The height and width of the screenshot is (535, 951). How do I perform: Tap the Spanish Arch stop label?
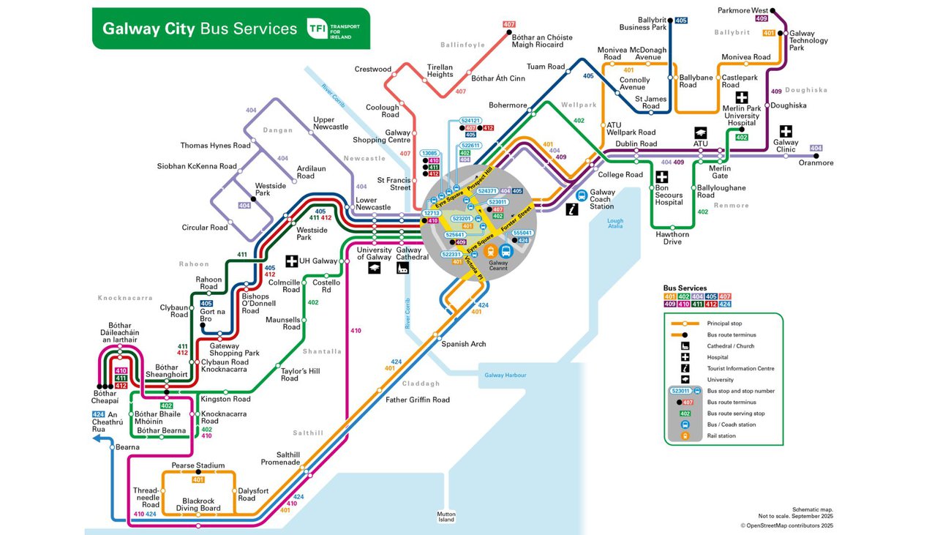(x=463, y=344)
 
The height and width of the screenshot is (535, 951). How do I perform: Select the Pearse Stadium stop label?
(x=198, y=465)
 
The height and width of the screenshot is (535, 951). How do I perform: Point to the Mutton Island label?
(x=446, y=517)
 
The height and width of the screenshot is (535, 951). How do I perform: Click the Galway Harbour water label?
(x=505, y=375)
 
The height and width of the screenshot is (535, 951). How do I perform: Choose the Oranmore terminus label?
(x=816, y=163)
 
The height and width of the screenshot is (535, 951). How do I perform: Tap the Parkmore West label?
(x=743, y=11)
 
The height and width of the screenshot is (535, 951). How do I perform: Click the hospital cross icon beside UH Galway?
(x=291, y=261)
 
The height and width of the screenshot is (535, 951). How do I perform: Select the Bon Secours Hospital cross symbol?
(x=662, y=177)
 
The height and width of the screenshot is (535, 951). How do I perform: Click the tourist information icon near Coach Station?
(x=573, y=209)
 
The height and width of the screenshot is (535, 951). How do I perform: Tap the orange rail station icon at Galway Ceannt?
(x=492, y=250)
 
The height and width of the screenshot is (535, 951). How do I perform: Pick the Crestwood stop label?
(x=373, y=70)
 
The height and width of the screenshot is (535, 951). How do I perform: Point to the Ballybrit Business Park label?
(x=643, y=23)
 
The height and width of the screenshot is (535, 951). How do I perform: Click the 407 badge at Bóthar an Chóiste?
(x=509, y=24)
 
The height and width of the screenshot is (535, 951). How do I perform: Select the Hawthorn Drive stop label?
(x=672, y=238)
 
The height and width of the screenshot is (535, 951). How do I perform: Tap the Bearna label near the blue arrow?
(x=127, y=447)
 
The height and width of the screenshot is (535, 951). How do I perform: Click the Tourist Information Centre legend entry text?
(x=741, y=369)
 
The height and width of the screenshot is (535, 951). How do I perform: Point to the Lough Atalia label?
(x=615, y=223)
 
